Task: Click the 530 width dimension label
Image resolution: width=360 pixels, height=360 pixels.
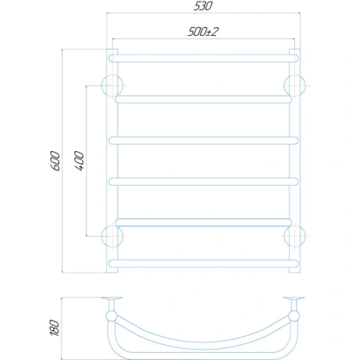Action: click(x=203, y=6)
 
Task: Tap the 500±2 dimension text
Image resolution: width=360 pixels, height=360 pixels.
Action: click(x=203, y=32)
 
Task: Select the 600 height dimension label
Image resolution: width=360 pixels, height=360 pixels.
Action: click(x=55, y=161)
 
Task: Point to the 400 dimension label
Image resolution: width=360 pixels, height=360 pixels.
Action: click(x=79, y=161)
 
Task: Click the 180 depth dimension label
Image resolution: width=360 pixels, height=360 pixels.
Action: click(x=54, y=327)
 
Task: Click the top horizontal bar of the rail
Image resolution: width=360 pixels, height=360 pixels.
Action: click(x=203, y=58)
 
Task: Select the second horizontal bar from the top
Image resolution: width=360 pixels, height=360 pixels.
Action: click(x=203, y=99)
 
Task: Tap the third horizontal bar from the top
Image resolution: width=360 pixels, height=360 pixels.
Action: click(x=203, y=141)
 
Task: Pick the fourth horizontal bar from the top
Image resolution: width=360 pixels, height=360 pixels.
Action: click(x=203, y=182)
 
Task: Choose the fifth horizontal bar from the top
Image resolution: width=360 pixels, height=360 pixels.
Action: click(x=203, y=222)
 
